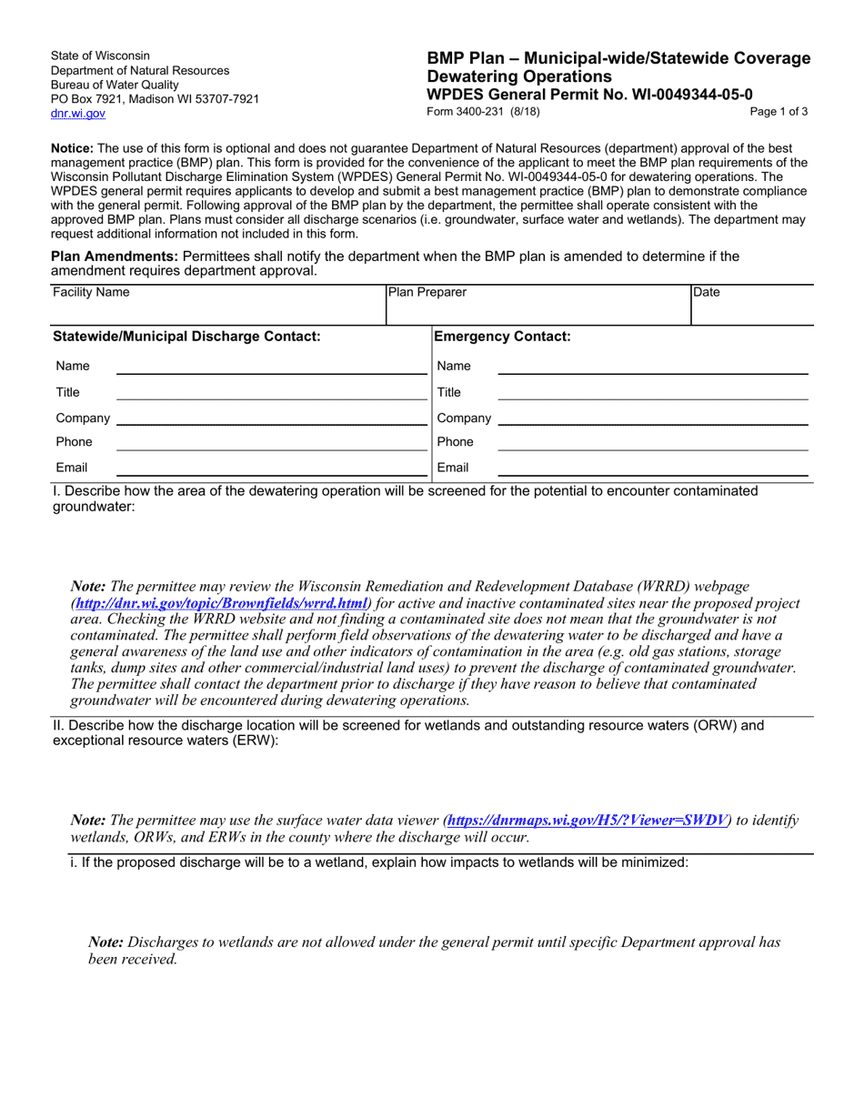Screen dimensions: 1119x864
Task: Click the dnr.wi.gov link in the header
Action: click(x=77, y=114)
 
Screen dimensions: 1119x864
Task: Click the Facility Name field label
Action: click(x=91, y=293)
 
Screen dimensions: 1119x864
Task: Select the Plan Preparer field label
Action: click(x=427, y=293)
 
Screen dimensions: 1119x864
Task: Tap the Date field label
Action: click(x=706, y=293)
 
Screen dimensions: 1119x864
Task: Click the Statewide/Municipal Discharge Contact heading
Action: click(x=187, y=337)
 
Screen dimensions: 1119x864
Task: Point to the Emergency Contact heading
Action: click(x=503, y=337)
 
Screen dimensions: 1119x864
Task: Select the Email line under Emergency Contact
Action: click(x=652, y=469)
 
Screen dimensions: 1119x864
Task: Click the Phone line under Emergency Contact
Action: click(x=652, y=443)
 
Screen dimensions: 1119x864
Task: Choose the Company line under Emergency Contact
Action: click(x=652, y=418)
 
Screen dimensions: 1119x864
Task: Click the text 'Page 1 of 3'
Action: click(x=779, y=112)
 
